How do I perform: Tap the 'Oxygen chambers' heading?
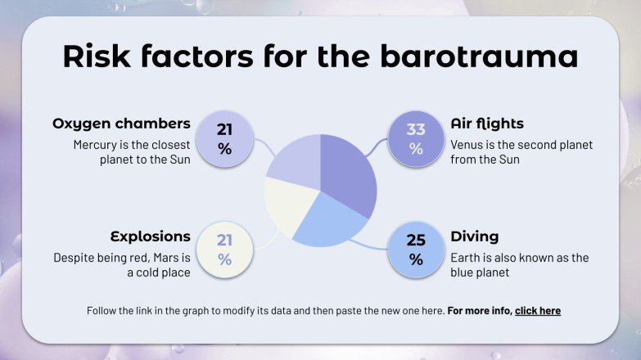[121, 124]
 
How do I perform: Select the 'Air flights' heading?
[487, 124]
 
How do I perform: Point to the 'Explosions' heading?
[151, 236]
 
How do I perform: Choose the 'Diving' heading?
[475, 236]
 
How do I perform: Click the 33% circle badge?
[416, 138]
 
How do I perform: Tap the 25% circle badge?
[416, 250]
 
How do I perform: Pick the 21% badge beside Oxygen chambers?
[224, 138]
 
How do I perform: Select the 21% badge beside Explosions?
[224, 250]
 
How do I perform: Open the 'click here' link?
[537, 311]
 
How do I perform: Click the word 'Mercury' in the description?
[94, 145]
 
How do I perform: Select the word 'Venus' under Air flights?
[467, 145]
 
